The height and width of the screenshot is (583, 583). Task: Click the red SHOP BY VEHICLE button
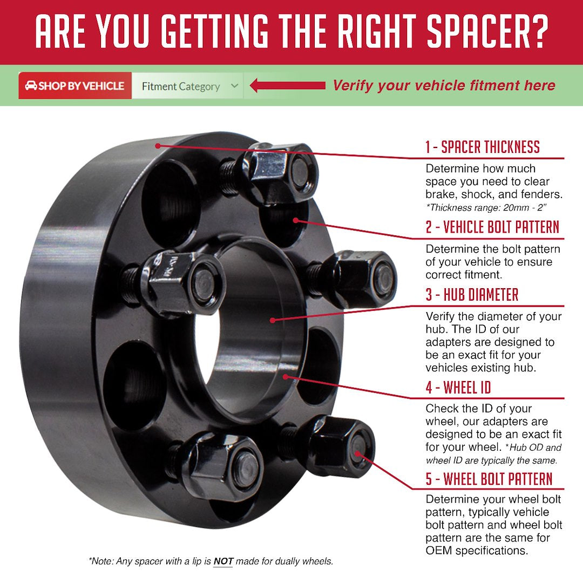point(75,86)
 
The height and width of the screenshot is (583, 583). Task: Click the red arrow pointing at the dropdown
point(288,85)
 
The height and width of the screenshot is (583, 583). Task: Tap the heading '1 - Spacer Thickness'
point(482,147)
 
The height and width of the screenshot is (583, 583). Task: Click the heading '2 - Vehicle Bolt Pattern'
point(492,227)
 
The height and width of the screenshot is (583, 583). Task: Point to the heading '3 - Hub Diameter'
point(472,295)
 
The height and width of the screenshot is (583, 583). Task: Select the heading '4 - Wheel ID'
point(458,387)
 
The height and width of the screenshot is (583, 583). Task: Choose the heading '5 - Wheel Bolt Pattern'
point(489,479)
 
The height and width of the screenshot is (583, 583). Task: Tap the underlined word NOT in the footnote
point(223,561)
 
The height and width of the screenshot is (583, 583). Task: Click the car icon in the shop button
point(31,86)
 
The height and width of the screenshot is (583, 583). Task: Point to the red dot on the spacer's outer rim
point(157,145)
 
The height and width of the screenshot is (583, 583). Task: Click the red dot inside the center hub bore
point(273,320)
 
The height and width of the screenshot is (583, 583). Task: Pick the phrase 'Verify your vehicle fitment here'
point(444,85)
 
